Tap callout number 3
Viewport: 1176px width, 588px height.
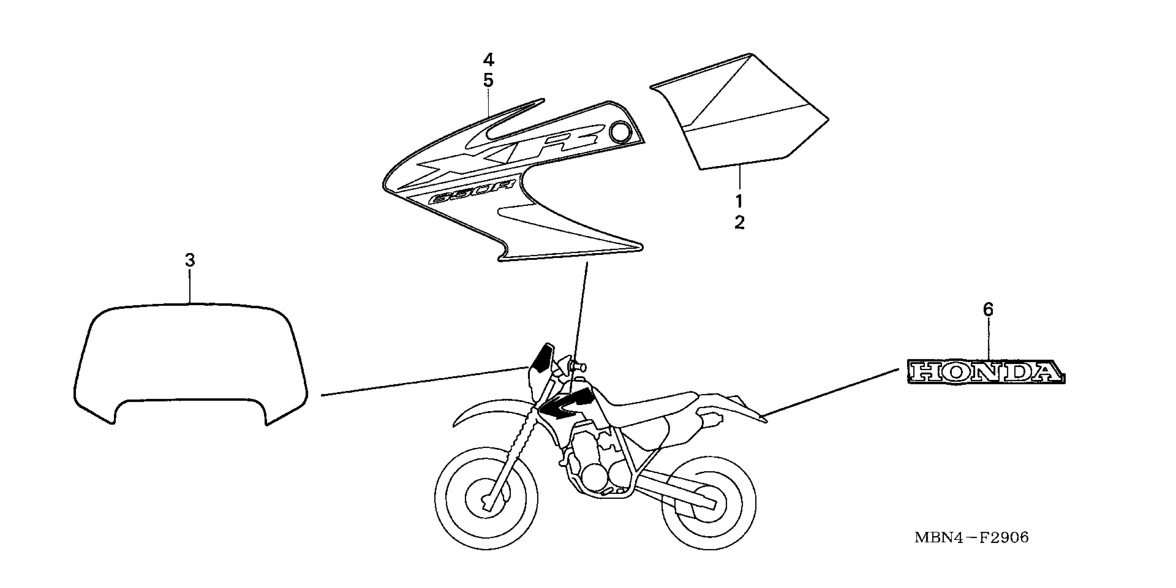190,260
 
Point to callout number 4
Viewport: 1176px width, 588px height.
489,59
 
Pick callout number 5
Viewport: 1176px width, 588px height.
489,81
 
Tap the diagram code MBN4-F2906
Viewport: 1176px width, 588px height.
971,537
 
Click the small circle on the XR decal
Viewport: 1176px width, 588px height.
621,132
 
